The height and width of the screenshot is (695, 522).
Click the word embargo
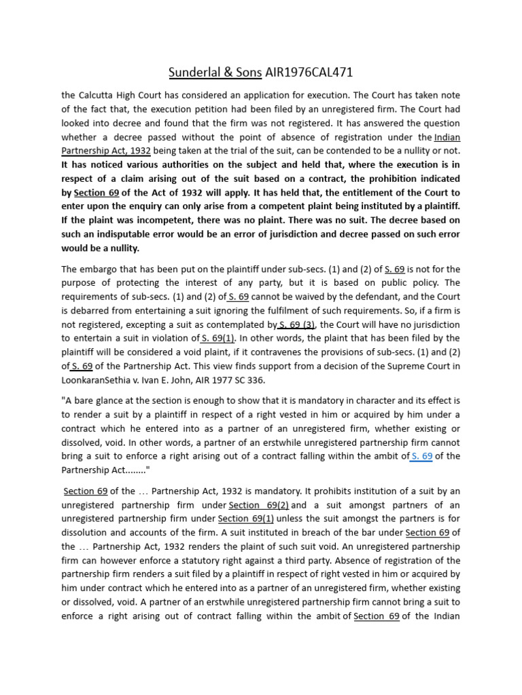99,269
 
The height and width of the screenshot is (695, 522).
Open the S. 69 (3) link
296,324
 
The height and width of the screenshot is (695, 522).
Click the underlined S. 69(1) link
219,338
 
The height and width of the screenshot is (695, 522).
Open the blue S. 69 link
422,456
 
